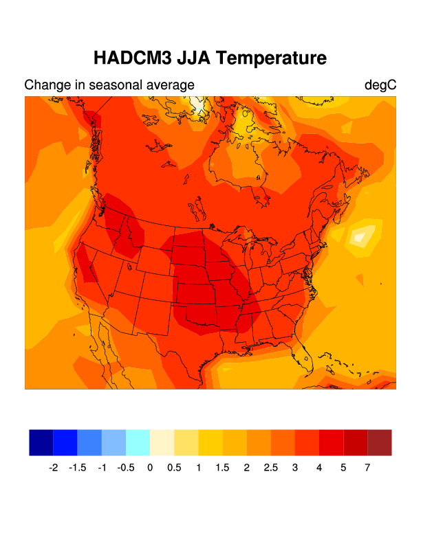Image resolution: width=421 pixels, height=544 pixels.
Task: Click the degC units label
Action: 380,85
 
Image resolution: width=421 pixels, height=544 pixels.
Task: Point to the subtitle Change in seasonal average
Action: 109,85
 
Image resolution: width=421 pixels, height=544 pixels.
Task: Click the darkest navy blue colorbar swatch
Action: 41,442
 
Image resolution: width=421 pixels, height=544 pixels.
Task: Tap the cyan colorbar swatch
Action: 138,442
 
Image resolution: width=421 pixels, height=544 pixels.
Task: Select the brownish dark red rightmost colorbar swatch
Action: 380,442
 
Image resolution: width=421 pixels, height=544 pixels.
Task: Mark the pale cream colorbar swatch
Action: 162,442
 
